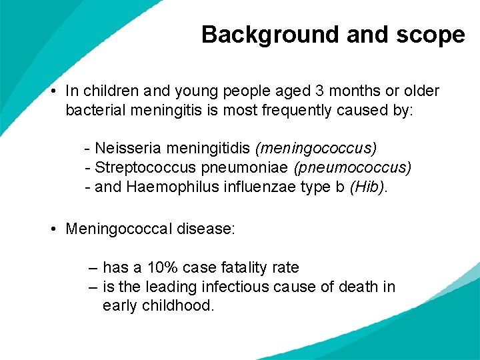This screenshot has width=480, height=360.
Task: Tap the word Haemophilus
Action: [169, 187]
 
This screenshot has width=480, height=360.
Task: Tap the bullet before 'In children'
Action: [53, 91]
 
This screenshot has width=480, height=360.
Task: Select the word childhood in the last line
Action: [181, 306]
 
